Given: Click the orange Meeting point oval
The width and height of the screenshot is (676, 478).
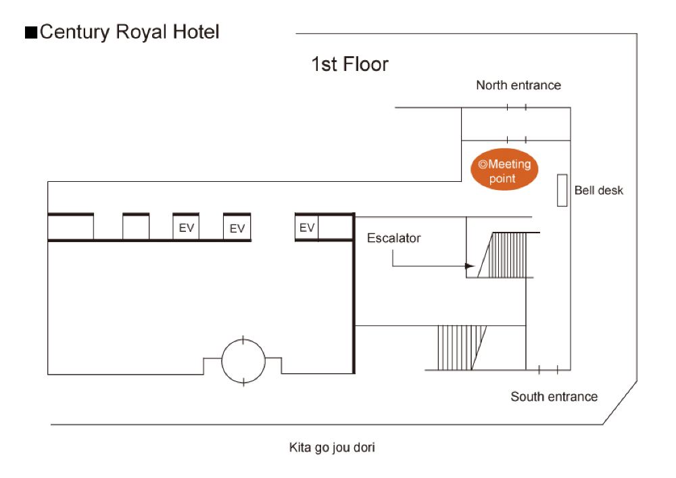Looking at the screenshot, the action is point(504,170).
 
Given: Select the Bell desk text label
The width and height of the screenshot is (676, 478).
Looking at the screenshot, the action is point(599,190).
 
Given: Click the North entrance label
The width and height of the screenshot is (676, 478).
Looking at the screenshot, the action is point(518,85).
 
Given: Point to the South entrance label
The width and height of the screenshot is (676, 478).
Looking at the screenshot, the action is point(554,396).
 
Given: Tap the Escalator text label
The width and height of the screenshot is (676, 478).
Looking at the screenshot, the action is point(393,238).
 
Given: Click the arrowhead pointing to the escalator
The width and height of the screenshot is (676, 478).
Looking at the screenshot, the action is point(470,266).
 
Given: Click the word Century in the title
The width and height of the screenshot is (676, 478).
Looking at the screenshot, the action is point(74,32).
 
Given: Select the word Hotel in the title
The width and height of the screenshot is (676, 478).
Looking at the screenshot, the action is point(196,32).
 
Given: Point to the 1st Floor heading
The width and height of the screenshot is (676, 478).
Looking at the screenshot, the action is point(349,64).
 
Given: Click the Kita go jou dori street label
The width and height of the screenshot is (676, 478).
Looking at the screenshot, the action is point(332,448).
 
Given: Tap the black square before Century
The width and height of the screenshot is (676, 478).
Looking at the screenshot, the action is point(31,32).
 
